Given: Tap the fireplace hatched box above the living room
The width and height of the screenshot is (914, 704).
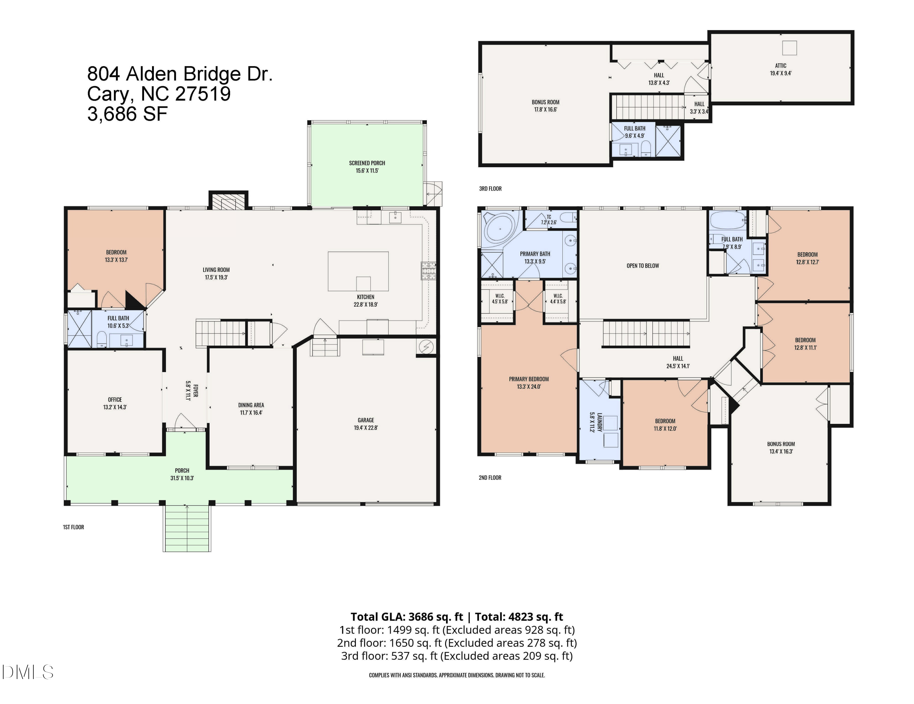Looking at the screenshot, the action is pyautogui.click(x=228, y=201).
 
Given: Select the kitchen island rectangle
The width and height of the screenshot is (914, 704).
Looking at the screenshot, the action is pyautogui.click(x=358, y=271).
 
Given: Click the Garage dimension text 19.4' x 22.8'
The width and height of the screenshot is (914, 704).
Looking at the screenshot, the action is pyautogui.click(x=366, y=428).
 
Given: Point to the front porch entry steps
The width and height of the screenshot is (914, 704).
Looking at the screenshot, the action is pyautogui.click(x=187, y=528).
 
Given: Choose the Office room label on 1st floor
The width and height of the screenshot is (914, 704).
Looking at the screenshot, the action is pyautogui.click(x=115, y=400).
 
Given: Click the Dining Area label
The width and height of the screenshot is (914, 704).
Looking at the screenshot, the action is pyautogui.click(x=251, y=405).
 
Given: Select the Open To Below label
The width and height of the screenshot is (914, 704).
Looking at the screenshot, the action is pyautogui.click(x=643, y=266).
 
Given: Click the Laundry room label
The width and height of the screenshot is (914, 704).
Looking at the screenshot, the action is pyautogui.click(x=599, y=422).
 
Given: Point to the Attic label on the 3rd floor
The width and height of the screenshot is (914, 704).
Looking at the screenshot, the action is pyautogui.click(x=781, y=66).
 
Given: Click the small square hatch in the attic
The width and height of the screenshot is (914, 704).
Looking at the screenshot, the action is pyautogui.click(x=790, y=48).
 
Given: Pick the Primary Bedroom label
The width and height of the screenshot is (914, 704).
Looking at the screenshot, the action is pyautogui.click(x=529, y=379).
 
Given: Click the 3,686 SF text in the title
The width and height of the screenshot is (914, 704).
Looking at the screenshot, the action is pyautogui.click(x=128, y=114).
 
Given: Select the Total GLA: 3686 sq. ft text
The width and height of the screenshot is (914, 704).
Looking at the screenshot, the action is pyautogui.click(x=407, y=617).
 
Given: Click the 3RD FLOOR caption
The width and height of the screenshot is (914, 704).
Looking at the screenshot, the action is pyautogui.click(x=490, y=189).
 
